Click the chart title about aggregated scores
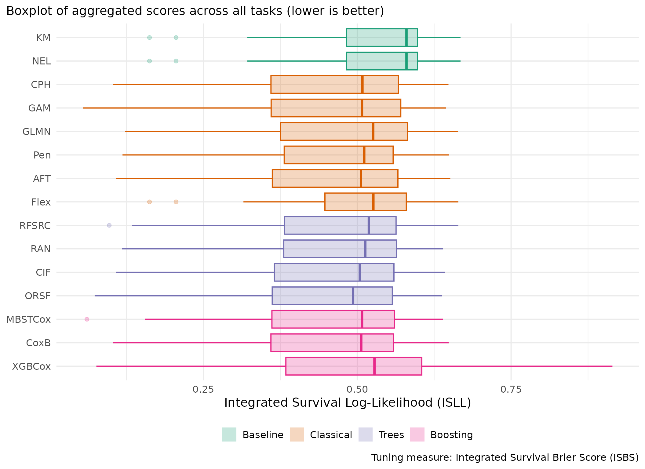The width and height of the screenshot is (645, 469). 195,11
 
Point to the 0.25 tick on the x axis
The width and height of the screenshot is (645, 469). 203,389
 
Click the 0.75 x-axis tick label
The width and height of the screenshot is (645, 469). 511,389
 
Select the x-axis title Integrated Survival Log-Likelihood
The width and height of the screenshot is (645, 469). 348,403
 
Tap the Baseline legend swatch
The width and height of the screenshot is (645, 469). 229,434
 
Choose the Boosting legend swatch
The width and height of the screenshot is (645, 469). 417,434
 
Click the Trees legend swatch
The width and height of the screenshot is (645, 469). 365,434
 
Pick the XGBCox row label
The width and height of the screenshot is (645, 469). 31,366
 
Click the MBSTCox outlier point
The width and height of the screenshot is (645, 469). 87,319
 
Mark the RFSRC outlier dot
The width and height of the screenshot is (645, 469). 109,225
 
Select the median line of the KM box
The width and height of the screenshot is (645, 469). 406,38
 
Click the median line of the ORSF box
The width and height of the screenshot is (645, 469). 353,296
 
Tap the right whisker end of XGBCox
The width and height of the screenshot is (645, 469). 612,366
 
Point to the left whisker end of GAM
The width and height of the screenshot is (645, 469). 83,108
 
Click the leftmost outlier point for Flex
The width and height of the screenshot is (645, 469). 149,202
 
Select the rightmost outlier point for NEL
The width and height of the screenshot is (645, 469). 176,61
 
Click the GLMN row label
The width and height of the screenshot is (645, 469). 36,132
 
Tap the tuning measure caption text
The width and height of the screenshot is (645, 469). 505,457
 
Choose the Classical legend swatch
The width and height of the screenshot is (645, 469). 297,434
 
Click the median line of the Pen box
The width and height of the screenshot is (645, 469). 364,155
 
